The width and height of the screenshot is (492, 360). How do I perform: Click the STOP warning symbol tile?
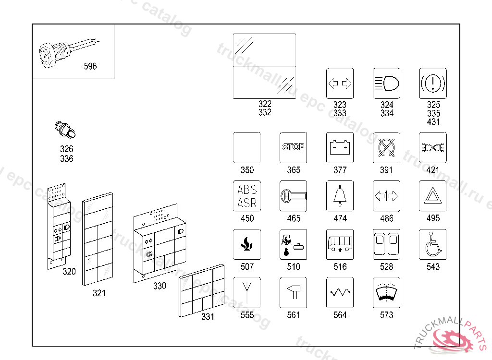[293, 146]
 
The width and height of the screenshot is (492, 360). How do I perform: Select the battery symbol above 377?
[340, 146]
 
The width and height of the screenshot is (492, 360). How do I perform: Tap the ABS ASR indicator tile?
[247, 195]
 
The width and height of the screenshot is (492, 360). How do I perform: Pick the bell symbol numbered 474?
[340, 195]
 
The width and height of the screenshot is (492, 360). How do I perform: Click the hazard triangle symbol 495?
[433, 195]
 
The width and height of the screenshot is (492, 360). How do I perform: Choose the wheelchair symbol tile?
[433, 244]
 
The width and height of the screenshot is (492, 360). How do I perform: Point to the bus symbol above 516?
[340, 244]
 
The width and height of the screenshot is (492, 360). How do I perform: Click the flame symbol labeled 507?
[247, 244]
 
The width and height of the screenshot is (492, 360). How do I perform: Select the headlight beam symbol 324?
[386, 84]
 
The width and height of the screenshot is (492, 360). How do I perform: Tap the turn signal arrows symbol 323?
[340, 84]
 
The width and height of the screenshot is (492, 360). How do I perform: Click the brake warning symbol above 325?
[433, 84]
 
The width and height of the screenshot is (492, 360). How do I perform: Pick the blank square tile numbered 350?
[247, 146]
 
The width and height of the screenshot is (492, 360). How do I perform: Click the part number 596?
[90, 66]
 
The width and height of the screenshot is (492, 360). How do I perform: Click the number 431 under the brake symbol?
[433, 122]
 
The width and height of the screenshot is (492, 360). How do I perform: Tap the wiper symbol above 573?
[386, 292]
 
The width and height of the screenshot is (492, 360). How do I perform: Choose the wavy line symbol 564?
[340, 292]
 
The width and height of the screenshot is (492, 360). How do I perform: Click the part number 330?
[160, 286]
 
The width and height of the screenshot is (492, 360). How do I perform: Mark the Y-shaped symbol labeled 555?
[247, 292]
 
